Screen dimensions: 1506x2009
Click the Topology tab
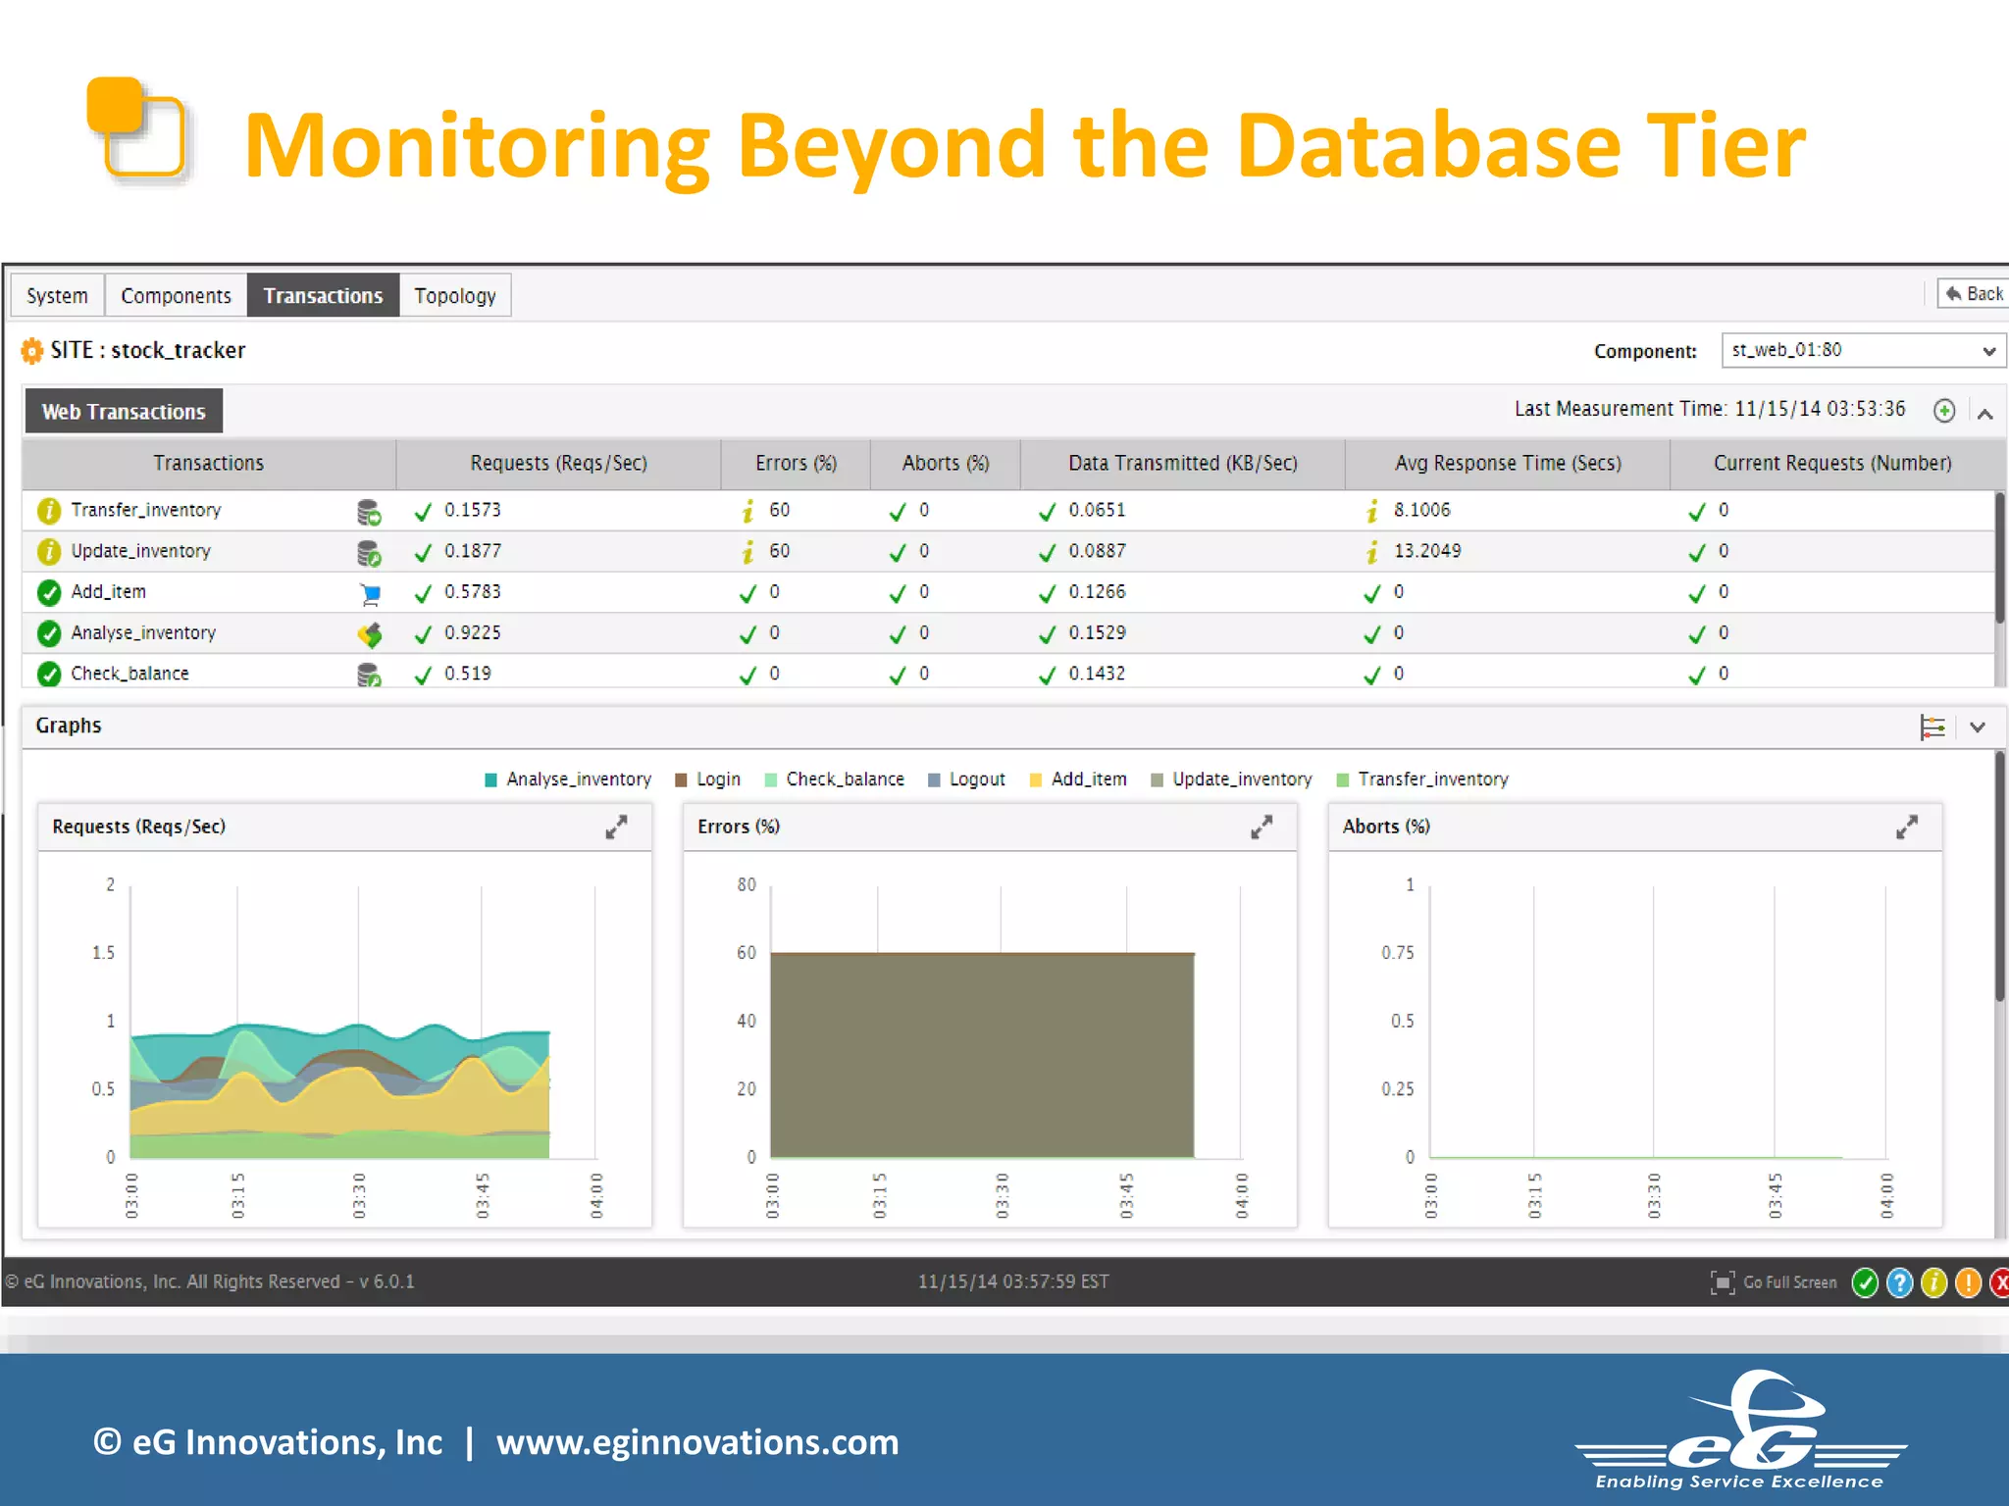click(x=454, y=295)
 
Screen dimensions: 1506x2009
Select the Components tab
click(x=176, y=295)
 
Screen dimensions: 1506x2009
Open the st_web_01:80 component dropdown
click(x=1863, y=350)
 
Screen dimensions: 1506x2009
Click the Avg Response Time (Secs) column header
click(x=1508, y=463)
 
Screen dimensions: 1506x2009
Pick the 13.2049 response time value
click(x=1426, y=551)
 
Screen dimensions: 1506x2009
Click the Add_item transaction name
click(x=108, y=592)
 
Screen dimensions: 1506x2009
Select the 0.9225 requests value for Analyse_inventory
click(x=472, y=632)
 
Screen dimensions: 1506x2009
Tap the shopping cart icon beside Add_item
click(x=370, y=593)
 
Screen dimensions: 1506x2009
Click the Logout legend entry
click(x=976, y=779)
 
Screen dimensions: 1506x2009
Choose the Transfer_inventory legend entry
click(x=1432, y=779)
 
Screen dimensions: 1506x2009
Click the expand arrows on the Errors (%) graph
click(x=1262, y=828)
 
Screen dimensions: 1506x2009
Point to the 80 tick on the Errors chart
click(x=747, y=884)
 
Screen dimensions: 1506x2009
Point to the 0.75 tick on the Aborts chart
click(x=1397, y=953)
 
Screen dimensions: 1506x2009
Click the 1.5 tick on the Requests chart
click(x=103, y=953)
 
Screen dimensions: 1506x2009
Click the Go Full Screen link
click(x=1788, y=1282)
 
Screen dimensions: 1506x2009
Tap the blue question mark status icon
click(x=1899, y=1282)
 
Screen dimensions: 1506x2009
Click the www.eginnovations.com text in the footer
click(x=696, y=1442)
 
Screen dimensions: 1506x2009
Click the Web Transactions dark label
click(x=124, y=412)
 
